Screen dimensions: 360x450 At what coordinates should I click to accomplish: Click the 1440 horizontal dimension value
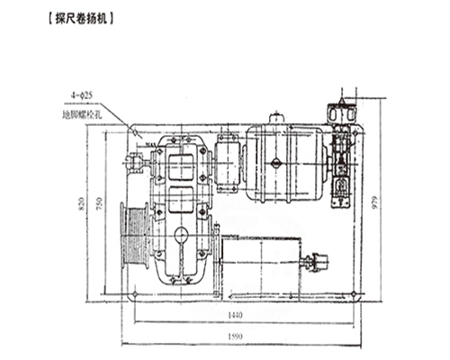237,319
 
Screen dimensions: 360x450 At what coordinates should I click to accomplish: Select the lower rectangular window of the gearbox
183,202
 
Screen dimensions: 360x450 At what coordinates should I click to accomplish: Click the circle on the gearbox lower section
181,235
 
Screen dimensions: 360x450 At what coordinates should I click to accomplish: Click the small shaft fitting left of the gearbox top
135,163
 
